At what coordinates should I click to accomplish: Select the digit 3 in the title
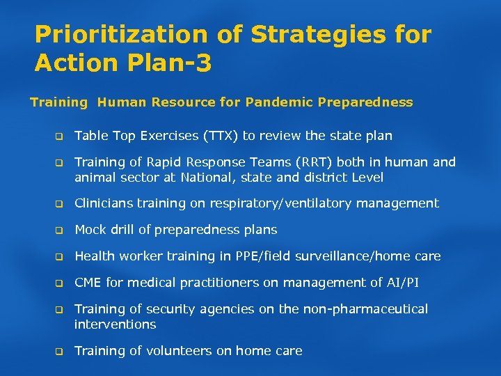(203, 63)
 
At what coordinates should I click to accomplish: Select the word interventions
(115, 324)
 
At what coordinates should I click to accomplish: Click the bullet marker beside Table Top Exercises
(59, 136)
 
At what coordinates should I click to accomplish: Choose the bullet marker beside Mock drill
(59, 230)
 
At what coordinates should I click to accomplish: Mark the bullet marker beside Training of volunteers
(59, 352)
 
